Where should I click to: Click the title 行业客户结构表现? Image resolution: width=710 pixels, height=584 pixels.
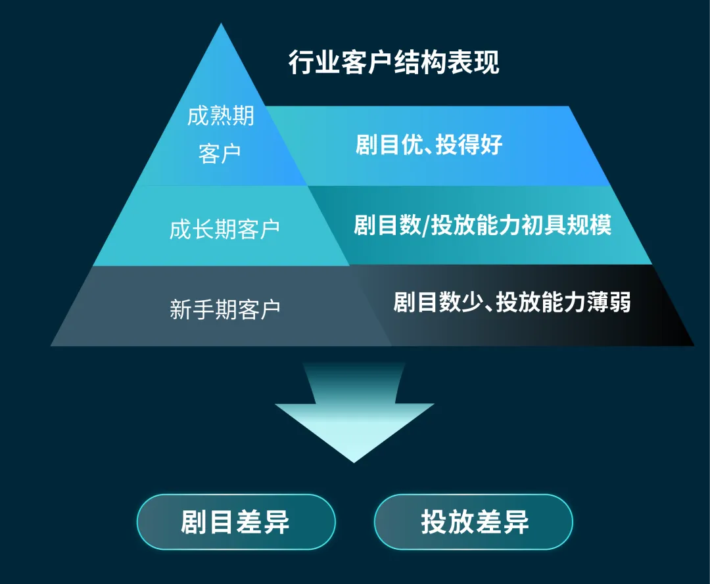394,63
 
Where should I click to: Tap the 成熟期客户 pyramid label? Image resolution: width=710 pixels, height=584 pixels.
220,135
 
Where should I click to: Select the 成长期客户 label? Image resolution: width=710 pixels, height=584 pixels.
224,229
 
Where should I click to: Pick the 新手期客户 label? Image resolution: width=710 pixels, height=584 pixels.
225,309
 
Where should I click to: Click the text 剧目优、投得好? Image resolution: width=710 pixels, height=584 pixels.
429,145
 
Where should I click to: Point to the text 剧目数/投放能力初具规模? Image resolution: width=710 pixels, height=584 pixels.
483,225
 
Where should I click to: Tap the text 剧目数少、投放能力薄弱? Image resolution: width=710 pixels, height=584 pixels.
511,302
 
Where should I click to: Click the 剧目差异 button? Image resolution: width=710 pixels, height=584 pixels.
235,522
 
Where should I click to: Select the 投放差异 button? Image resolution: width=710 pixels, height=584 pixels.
474,522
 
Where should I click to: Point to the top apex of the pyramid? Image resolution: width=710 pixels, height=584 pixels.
222,28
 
